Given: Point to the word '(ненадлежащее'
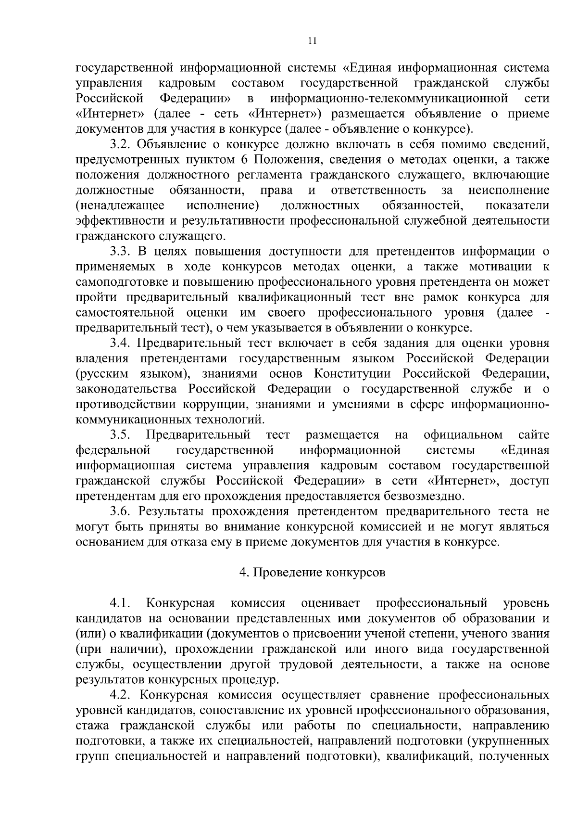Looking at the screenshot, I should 120,206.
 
